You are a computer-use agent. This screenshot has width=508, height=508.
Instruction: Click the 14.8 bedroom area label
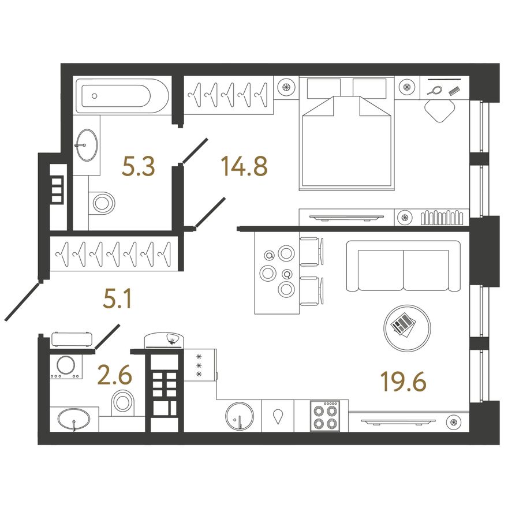click(x=244, y=166)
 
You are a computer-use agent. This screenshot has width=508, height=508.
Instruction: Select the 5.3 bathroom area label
click(x=139, y=166)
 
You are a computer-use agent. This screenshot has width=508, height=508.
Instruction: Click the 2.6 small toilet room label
click(x=115, y=375)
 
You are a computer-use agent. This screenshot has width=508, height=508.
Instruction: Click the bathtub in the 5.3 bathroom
click(x=122, y=96)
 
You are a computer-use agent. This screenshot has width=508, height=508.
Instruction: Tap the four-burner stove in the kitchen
click(x=325, y=416)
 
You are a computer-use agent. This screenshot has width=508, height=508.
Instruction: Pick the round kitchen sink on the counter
click(x=240, y=417)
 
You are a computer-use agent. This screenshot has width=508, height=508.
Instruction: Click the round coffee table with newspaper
click(x=407, y=328)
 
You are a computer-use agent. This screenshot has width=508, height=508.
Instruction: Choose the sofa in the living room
click(x=404, y=266)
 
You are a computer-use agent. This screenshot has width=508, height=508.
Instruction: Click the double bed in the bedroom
click(x=346, y=133)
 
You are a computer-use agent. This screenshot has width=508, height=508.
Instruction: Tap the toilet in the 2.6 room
click(x=123, y=403)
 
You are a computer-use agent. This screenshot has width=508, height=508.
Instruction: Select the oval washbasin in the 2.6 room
click(x=73, y=419)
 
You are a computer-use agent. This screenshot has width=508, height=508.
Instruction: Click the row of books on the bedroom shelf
click(x=442, y=218)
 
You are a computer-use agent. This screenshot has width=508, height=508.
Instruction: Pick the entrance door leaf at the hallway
click(x=23, y=301)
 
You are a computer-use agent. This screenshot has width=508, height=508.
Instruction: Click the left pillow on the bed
click(x=324, y=88)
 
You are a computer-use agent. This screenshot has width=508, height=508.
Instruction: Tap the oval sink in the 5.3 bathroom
click(x=87, y=145)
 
